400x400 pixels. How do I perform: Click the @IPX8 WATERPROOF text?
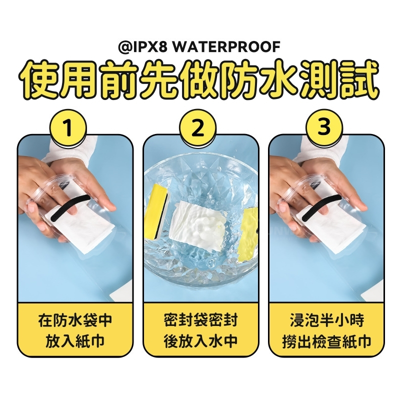pyautogui.click(x=199, y=46)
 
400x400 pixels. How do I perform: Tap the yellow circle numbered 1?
pyautogui.click(x=68, y=128)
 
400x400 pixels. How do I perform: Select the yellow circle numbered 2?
pyautogui.click(x=197, y=128)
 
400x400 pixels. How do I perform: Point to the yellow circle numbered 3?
pyautogui.click(x=324, y=128)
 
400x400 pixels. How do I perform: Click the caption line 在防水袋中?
pyautogui.click(x=75, y=320)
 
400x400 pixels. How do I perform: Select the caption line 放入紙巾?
pyautogui.click(x=75, y=341)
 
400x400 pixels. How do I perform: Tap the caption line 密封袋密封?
pyautogui.click(x=201, y=320)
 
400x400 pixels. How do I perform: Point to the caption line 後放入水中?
pyautogui.click(x=201, y=341)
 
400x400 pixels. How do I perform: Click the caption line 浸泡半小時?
pyautogui.click(x=327, y=320)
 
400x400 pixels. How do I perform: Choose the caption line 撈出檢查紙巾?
pyautogui.click(x=327, y=341)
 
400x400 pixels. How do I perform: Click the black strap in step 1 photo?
pyautogui.click(x=71, y=208)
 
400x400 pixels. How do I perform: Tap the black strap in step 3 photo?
pyautogui.click(x=322, y=207)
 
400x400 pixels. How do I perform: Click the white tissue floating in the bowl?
pyautogui.click(x=196, y=221)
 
